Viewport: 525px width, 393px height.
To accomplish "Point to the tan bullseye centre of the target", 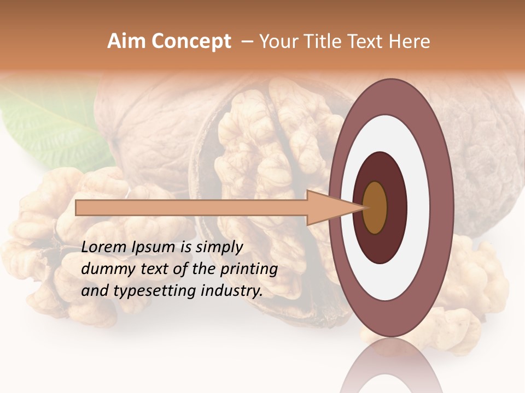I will [375, 207].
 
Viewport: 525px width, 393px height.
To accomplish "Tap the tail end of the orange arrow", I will [77, 207].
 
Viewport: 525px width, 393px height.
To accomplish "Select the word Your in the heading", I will [278, 41].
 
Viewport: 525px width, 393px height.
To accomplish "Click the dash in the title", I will [247, 41].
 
